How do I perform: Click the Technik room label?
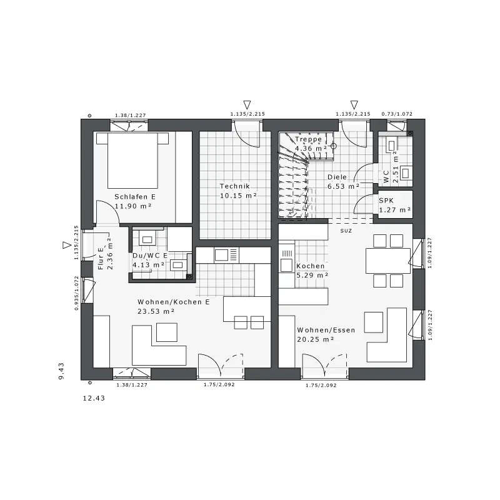[x=235, y=186]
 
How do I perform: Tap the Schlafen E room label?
[x=135, y=197]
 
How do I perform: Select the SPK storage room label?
[x=386, y=201]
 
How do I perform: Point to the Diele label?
[x=337, y=177]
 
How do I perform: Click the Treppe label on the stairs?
[x=308, y=139]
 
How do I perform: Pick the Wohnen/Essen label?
[x=326, y=330]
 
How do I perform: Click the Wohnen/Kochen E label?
[x=174, y=302]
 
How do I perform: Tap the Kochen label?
[x=310, y=266]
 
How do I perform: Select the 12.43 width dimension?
[x=94, y=398]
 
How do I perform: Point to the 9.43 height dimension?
[x=61, y=371]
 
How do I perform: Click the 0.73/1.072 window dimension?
[x=397, y=114]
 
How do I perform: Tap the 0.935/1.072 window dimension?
[x=76, y=293]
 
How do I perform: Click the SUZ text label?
[x=346, y=231]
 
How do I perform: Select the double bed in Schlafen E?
[x=132, y=161]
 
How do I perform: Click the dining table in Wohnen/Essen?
[x=387, y=261]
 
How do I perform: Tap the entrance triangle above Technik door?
[x=247, y=104]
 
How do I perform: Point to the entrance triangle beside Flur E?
[x=67, y=245]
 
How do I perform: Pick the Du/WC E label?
[x=150, y=256]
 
